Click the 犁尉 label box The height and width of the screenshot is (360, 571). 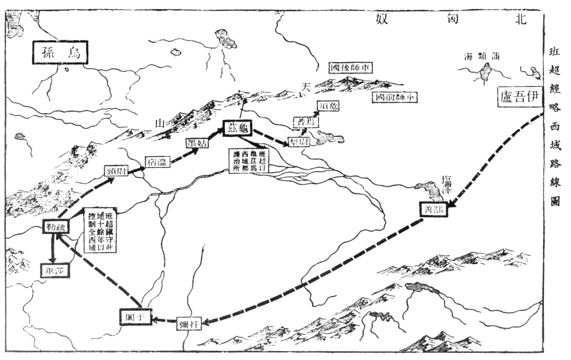[x=299, y=142]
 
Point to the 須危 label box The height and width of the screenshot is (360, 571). [x=329, y=106]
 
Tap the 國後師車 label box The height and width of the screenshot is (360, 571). [x=349, y=68]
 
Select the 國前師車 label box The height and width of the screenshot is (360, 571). [x=394, y=97]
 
